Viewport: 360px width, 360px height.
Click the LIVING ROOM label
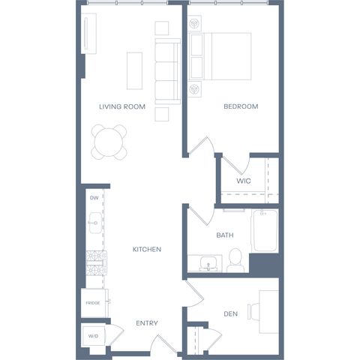(x=122, y=106)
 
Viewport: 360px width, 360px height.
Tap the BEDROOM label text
(x=241, y=106)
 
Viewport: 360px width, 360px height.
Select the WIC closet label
(x=244, y=181)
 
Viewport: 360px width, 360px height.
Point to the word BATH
(x=225, y=235)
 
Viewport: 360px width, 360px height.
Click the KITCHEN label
(x=147, y=249)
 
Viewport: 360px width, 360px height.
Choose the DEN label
(x=230, y=314)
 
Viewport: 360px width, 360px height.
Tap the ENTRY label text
(x=147, y=323)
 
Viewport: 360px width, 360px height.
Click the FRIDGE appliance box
(x=94, y=303)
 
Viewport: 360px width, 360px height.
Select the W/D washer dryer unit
(x=94, y=336)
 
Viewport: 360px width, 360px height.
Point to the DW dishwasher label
(x=94, y=198)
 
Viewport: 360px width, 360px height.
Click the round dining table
(x=109, y=142)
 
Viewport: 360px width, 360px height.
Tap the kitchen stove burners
(x=96, y=263)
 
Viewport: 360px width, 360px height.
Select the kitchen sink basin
(x=95, y=223)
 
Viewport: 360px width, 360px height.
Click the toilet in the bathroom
(x=235, y=260)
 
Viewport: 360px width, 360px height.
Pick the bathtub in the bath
(x=265, y=231)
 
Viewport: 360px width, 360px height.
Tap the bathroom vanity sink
(x=208, y=264)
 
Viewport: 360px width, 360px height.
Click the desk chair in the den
(x=253, y=311)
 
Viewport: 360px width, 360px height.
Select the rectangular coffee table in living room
(x=134, y=70)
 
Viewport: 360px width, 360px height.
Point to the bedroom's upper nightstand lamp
(x=194, y=24)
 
